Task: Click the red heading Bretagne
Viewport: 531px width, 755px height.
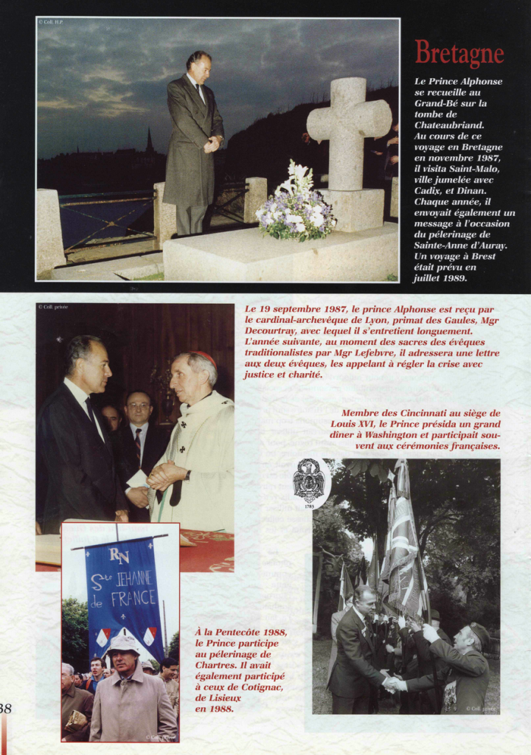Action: click(x=459, y=54)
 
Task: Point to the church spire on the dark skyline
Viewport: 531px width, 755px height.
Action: click(x=149, y=142)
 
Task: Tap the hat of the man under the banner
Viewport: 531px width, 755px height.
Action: click(x=123, y=643)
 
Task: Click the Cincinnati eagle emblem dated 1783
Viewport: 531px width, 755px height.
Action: click(x=309, y=482)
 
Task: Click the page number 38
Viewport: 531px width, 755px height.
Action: click(x=5, y=709)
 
